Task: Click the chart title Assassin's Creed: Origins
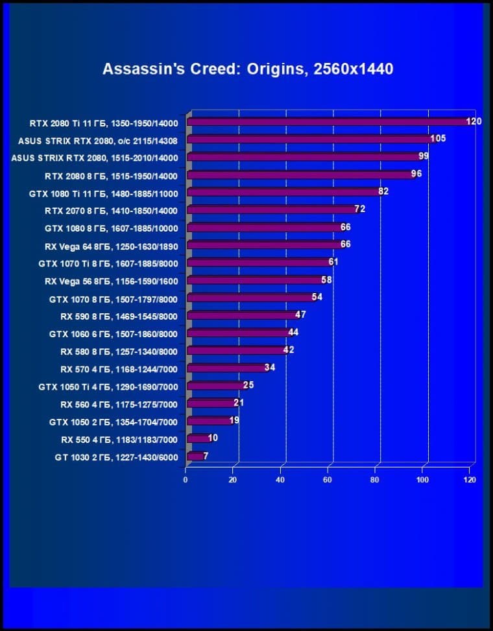tap(248, 69)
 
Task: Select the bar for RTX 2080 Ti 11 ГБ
tap(328, 122)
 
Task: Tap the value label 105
tap(438, 138)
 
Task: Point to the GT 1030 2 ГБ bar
tap(195, 457)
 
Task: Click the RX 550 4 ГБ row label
tap(119, 439)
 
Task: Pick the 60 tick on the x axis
tap(328, 480)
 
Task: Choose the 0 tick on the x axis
tap(186, 480)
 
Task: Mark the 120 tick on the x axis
tap(470, 480)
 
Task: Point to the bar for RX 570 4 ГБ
tap(227, 368)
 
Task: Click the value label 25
tap(248, 385)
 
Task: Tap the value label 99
tap(424, 156)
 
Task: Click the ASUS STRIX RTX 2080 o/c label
tap(98, 139)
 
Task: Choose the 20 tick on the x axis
tap(233, 480)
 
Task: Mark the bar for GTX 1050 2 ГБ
tap(210, 422)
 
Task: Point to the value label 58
tap(327, 280)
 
